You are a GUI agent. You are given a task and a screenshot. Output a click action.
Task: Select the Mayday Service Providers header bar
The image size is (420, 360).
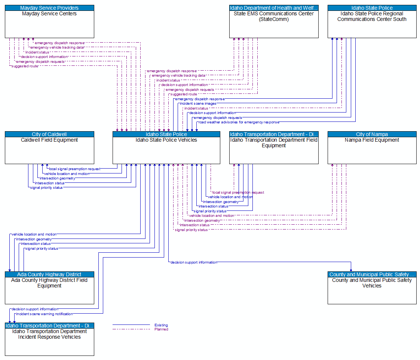[x=49, y=8]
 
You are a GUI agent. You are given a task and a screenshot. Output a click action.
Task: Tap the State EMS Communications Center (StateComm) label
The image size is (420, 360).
[x=274, y=16]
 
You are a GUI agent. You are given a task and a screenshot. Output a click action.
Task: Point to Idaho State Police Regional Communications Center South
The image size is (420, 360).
[x=372, y=16]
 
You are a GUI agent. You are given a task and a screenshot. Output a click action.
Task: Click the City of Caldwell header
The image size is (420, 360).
[x=49, y=134]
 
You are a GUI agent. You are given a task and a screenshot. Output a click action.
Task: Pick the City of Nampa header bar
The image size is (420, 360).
[x=372, y=134]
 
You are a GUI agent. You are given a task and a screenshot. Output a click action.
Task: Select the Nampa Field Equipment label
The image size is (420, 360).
[x=372, y=140]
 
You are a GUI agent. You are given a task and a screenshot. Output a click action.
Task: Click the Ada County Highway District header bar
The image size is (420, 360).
[x=49, y=274]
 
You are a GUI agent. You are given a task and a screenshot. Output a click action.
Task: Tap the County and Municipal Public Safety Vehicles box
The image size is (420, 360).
[x=372, y=290]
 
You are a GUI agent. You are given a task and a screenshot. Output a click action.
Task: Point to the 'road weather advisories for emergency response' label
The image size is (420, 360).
[x=239, y=122]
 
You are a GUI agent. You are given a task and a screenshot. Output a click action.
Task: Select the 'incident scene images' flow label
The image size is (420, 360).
[x=198, y=104]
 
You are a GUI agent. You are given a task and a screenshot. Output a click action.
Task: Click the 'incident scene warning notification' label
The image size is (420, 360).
[x=44, y=314]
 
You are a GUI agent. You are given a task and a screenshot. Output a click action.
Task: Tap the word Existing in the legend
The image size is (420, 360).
[x=161, y=325]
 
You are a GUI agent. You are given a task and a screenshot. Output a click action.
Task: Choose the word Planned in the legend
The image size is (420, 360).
[x=161, y=329]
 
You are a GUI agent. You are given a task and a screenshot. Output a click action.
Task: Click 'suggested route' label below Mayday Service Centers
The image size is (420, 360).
[x=25, y=66]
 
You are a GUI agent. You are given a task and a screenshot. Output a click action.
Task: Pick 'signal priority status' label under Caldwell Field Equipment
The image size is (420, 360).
[x=46, y=188]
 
